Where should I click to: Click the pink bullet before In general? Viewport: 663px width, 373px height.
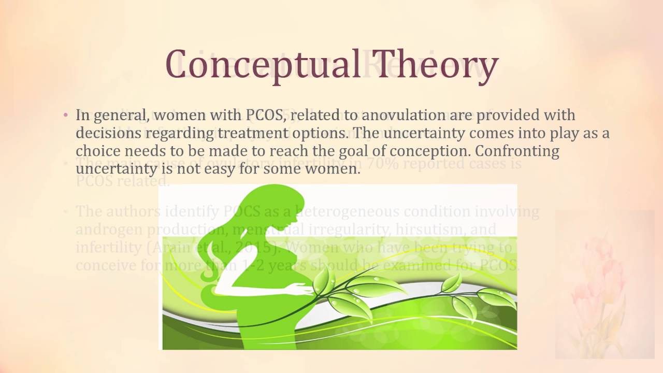66,114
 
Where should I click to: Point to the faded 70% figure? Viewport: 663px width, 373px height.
384,164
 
